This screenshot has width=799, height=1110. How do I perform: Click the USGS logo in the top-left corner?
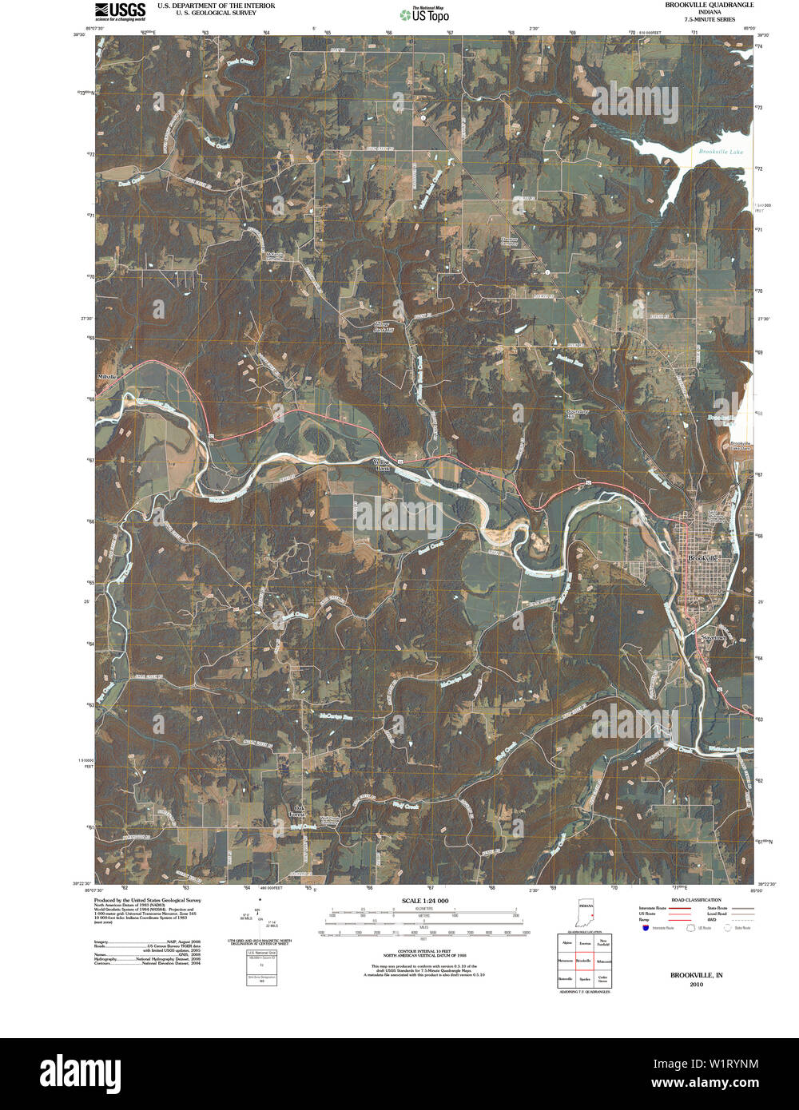point(120,11)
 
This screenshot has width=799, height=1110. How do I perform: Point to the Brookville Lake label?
point(720,152)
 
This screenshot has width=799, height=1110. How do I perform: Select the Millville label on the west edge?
point(106,376)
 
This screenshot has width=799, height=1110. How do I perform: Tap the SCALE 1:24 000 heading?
point(423,900)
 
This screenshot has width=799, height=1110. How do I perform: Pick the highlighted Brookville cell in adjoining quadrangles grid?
point(585,961)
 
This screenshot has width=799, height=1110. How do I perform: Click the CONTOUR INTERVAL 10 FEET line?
point(423,951)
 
